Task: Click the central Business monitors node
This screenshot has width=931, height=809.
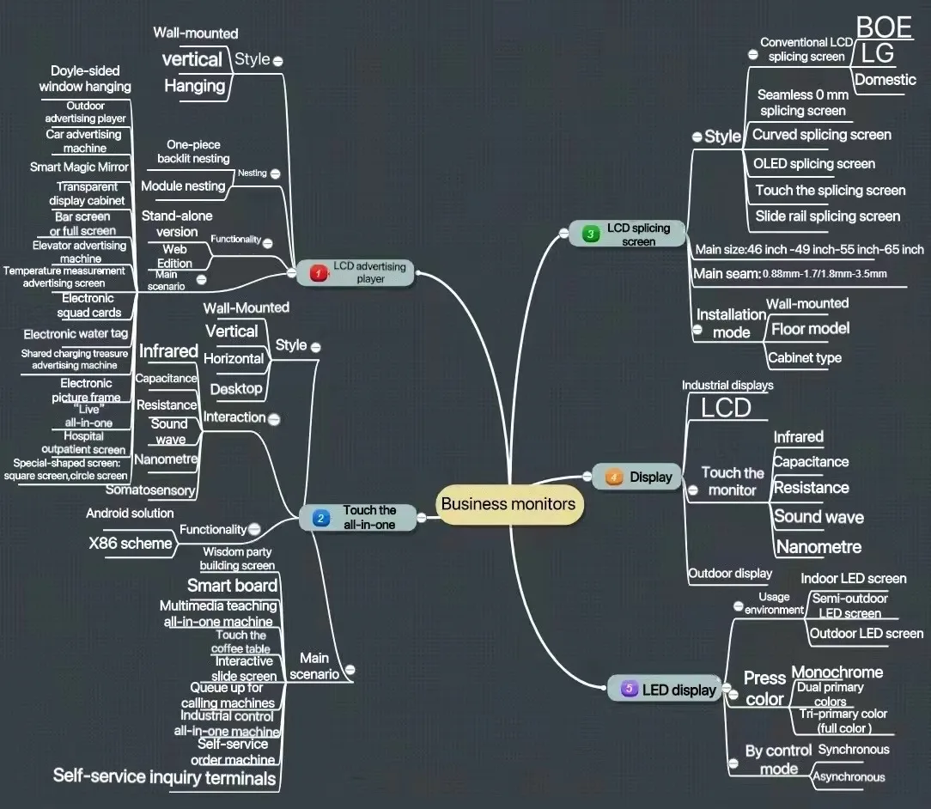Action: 508,504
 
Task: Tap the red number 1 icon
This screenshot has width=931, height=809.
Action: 318,273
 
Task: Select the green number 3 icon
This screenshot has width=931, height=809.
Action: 590,234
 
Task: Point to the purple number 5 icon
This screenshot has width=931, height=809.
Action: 629,689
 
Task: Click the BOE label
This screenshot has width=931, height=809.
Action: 883,27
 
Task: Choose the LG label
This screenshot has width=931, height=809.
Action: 877,54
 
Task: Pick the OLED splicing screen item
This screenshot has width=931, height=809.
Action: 813,164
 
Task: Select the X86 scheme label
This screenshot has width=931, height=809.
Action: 131,544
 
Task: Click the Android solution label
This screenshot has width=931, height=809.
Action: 130,514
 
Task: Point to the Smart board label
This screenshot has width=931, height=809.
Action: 232,586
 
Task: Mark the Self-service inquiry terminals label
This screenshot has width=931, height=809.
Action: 165,777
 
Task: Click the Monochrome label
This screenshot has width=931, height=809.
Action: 837,672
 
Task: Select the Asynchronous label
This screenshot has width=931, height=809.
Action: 849,777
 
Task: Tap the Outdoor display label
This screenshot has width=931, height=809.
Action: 730,574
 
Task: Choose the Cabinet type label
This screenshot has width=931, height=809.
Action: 804,358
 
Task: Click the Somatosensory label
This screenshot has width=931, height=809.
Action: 150,490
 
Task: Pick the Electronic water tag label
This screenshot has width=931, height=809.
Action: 76,334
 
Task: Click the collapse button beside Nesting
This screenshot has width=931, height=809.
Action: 275,173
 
